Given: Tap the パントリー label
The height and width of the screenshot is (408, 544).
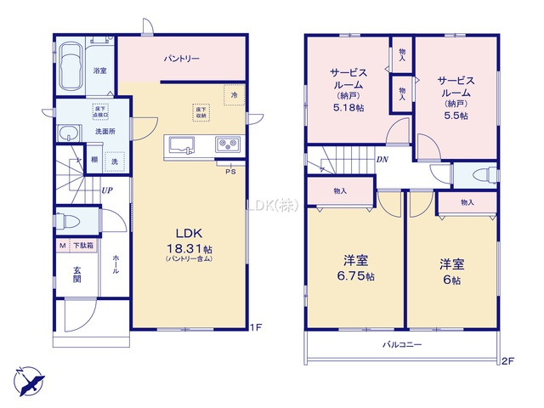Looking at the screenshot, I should pos(182,59).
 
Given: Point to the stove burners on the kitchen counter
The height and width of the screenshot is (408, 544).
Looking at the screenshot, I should pos(226,144).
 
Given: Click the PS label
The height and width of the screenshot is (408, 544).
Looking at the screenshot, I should pos(229,171).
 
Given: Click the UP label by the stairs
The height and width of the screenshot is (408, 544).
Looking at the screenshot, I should pos(106,190).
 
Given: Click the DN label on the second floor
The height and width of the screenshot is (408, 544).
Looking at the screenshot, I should pos(383,159).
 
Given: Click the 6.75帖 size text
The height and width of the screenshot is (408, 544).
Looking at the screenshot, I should pos(355,276).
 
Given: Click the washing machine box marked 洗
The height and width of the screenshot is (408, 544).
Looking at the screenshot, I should pos(115,161).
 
